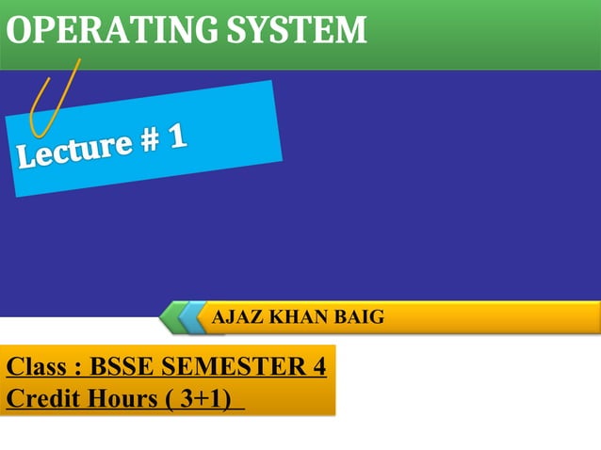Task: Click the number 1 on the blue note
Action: (x=176, y=137)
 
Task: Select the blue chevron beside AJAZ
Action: (x=194, y=317)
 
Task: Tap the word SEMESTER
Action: (x=235, y=366)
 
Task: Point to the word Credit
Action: (x=39, y=398)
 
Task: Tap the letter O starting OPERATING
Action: (x=19, y=32)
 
